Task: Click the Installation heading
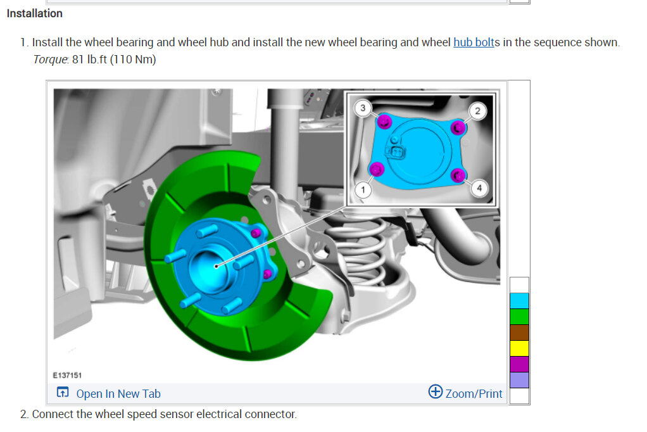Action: [35, 14]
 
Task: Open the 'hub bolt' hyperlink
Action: [474, 42]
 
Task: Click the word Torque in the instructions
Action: [50, 60]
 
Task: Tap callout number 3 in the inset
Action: [363, 108]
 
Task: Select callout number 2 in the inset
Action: [477, 111]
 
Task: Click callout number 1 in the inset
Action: [363, 190]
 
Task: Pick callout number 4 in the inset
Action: [479, 188]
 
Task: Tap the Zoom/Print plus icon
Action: [436, 391]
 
